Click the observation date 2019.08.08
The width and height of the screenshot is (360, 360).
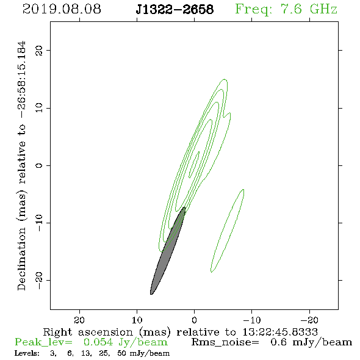click(62, 9)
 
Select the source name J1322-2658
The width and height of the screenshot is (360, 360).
click(175, 9)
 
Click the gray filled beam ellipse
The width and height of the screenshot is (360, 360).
click(168, 251)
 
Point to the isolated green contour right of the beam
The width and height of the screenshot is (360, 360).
click(228, 231)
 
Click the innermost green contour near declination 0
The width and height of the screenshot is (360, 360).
click(194, 164)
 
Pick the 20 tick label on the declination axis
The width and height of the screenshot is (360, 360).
click(39, 51)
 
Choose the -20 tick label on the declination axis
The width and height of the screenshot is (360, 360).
click(39, 281)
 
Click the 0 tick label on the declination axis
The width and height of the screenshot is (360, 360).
click(39, 165)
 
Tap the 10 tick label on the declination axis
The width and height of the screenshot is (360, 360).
click(39, 108)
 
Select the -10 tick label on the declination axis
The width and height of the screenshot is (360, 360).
click(39, 223)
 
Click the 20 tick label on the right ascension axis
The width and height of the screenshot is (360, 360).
click(79, 320)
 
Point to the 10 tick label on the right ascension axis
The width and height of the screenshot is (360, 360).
click(137, 320)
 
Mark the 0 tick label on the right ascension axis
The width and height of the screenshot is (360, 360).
click(195, 320)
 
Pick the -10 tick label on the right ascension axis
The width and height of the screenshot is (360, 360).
click(252, 320)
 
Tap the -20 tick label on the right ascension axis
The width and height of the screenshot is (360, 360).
click(309, 320)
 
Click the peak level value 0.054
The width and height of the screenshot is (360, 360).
click(98, 342)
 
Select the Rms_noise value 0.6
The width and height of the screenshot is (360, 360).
click(278, 342)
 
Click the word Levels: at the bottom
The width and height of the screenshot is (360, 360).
click(27, 353)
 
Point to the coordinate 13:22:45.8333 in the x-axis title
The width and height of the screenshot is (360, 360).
click(280, 332)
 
